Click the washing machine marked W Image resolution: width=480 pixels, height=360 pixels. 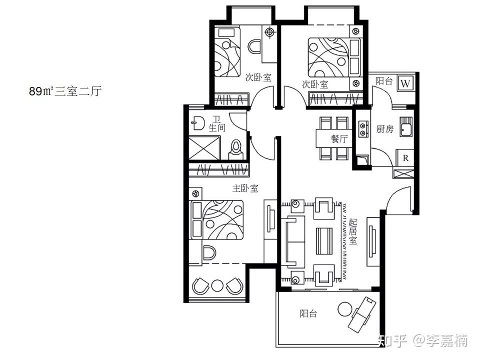pyautogui.click(x=405, y=83)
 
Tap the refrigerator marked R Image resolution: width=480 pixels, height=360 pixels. pyautogui.click(x=405, y=158)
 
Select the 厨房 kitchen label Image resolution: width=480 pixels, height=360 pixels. pyautogui.click(x=385, y=129)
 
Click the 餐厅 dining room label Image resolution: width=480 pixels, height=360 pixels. pyautogui.click(x=339, y=138)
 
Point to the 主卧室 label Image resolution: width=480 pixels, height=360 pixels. pyautogui.click(x=245, y=188)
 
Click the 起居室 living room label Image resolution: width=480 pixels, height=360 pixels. pyautogui.click(x=352, y=231)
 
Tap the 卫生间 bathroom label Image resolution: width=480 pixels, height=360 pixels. pyautogui.click(x=216, y=123)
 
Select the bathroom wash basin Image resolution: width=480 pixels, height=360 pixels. pyautogui.click(x=198, y=123)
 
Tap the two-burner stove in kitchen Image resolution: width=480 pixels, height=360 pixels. pyautogui.click(x=363, y=129)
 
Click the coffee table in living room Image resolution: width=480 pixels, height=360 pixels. pyautogui.click(x=324, y=241)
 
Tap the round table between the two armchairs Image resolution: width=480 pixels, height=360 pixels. pyautogui.click(x=217, y=285)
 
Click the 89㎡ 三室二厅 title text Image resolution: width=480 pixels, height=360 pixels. pyautogui.click(x=65, y=91)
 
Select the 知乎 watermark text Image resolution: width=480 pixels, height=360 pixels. pyautogui.click(x=393, y=340)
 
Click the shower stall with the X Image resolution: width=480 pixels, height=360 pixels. pyautogui.click(x=204, y=148)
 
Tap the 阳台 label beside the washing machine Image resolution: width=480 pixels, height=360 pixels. pyautogui.click(x=384, y=81)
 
